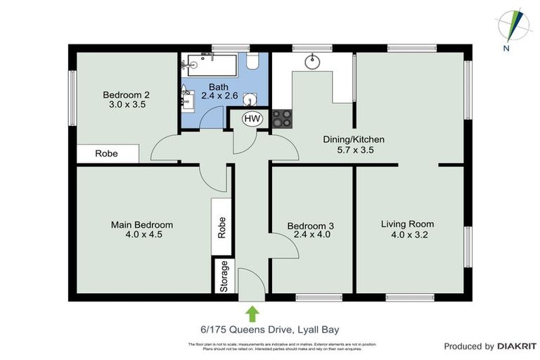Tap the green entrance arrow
pos(252,312)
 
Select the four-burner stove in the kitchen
pos(283,119)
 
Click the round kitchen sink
pos(312,62)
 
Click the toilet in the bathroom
pos(255,63)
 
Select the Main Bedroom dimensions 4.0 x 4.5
pos(141,235)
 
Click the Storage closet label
pos(224,277)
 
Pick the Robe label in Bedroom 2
pos(107,153)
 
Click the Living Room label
pos(404,224)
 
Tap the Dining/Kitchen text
pos(353,139)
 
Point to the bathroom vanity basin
pos(187,98)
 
